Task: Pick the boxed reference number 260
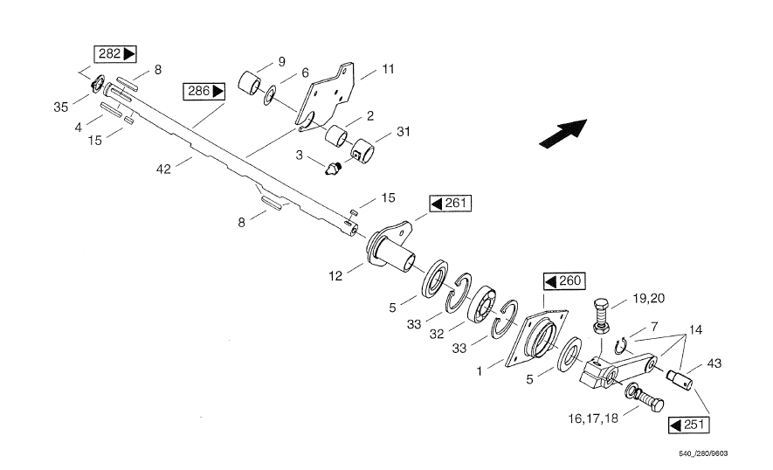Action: (x=563, y=281)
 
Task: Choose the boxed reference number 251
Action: (x=688, y=425)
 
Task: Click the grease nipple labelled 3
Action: (x=331, y=167)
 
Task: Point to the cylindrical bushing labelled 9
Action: (x=252, y=80)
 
